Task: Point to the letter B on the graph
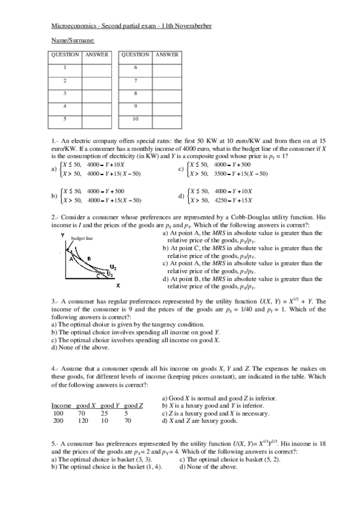(89, 259)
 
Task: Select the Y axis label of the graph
(63, 235)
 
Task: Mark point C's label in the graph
(99, 277)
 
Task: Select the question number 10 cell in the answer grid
(136, 120)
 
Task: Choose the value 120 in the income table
(83, 421)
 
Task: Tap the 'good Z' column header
(133, 406)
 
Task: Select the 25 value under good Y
(105, 414)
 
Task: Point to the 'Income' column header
(62, 406)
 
